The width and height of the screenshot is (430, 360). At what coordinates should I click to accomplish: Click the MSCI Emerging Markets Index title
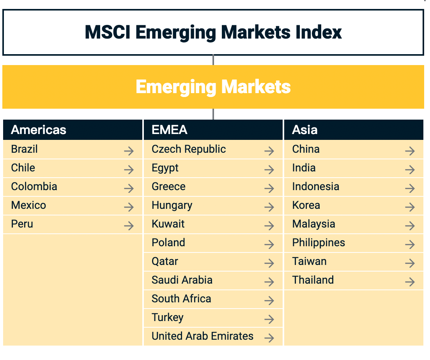tap(213, 32)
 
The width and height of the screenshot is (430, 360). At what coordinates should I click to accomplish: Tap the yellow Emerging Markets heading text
tap(213, 86)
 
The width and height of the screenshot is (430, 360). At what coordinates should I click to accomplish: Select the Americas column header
tap(39, 130)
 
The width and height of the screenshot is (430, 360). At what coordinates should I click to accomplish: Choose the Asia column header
tap(305, 130)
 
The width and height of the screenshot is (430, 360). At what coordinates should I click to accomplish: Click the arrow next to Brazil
tap(129, 151)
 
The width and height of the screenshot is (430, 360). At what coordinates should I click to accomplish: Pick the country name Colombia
tap(34, 187)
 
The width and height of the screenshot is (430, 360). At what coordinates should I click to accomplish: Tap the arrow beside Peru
tap(129, 226)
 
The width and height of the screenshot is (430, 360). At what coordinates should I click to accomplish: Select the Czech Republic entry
tap(189, 149)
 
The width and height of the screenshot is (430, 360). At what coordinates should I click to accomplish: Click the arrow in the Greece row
tap(269, 189)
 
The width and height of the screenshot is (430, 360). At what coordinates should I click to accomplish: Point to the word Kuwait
tap(168, 224)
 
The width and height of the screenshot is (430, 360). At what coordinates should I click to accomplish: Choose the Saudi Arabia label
tap(182, 280)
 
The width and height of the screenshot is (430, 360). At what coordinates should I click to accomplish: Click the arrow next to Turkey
tap(269, 319)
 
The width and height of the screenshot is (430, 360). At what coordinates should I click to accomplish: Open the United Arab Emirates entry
tap(202, 336)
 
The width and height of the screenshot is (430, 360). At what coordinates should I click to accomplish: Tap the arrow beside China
tap(410, 151)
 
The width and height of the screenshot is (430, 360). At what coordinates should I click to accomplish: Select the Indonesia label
tap(316, 187)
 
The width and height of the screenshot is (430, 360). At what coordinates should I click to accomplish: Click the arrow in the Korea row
tap(410, 207)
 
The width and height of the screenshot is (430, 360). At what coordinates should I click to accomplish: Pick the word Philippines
tap(319, 243)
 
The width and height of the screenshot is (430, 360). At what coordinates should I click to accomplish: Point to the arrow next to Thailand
tap(410, 282)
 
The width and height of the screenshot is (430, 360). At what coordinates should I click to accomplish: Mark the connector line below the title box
tap(213, 60)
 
